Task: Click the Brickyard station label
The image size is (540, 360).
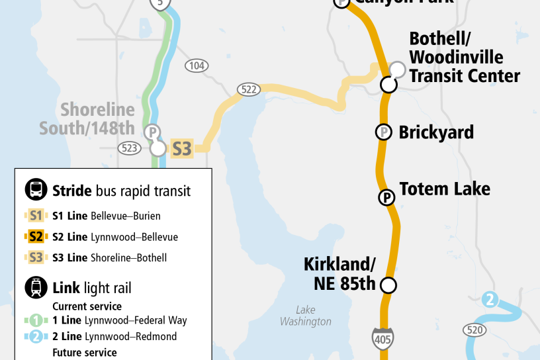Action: pyautogui.click(x=436, y=132)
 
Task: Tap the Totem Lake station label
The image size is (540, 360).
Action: pyautogui.click(x=445, y=189)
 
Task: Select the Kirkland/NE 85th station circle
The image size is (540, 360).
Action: pyautogui.click(x=388, y=285)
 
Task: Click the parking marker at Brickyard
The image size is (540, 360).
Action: pyautogui.click(x=382, y=132)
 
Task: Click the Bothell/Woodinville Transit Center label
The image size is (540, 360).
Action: pyautogui.click(x=464, y=58)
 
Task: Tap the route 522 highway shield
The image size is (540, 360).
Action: pyautogui.click(x=249, y=90)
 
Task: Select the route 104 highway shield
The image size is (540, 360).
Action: pyautogui.click(x=197, y=66)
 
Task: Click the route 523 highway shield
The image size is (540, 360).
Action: pyautogui.click(x=130, y=148)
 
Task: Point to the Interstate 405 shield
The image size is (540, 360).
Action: pyautogui.click(x=382, y=337)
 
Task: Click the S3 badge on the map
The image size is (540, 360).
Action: pyautogui.click(x=181, y=148)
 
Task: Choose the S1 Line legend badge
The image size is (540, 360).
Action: pyautogui.click(x=36, y=216)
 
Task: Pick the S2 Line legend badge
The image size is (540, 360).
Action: pyautogui.click(x=36, y=237)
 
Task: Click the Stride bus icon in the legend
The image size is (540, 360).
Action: pyautogui.click(x=36, y=191)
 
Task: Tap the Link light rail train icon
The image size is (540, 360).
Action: pyautogui.click(x=36, y=287)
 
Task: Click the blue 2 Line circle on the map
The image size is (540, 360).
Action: pyautogui.click(x=490, y=299)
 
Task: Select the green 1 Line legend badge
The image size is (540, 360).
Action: pyautogui.click(x=36, y=320)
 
